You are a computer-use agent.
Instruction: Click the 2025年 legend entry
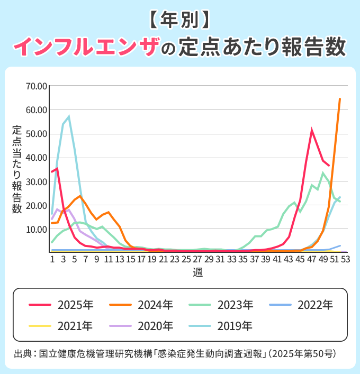coord(61,305)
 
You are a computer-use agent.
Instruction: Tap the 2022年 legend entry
coord(301,305)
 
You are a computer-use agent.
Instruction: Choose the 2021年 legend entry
coord(61,326)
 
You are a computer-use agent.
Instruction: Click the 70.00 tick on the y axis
coord(37,86)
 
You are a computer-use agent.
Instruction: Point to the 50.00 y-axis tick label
coord(37,133)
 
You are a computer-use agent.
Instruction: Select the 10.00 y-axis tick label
coord(37,230)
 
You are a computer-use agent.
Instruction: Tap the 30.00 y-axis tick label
coord(37,181)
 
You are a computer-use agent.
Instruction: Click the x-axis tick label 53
coord(346,259)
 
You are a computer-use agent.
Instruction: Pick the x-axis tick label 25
coord(186,259)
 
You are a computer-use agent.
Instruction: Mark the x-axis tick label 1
coord(52,259)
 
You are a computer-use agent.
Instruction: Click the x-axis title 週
coord(198,272)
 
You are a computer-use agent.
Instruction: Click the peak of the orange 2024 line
coord(340,99)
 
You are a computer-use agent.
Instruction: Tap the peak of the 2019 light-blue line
coord(69,116)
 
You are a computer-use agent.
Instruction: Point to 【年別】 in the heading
coord(179,20)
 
